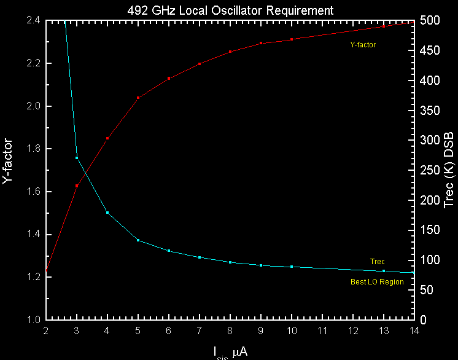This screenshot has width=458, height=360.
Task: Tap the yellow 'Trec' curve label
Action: (x=377, y=262)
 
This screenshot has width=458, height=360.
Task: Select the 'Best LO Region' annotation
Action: (x=377, y=282)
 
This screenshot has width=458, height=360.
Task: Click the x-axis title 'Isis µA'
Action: (x=230, y=352)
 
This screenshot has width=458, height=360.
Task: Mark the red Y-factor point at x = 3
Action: (x=77, y=186)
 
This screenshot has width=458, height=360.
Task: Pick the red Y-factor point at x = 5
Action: (x=138, y=98)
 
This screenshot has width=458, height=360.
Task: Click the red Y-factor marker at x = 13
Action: (x=384, y=26)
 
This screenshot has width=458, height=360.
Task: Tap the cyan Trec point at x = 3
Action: (x=77, y=158)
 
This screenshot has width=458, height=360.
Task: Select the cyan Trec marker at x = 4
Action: (x=107, y=213)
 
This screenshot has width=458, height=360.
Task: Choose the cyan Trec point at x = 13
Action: (x=384, y=271)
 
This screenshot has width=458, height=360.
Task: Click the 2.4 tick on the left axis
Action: (x=33, y=20)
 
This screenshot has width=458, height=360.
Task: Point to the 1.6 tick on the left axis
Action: (x=33, y=192)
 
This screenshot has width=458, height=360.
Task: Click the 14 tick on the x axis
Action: (x=414, y=330)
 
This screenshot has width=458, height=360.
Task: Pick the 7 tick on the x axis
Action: (x=200, y=330)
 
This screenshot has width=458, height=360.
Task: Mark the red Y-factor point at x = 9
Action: (x=261, y=43)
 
